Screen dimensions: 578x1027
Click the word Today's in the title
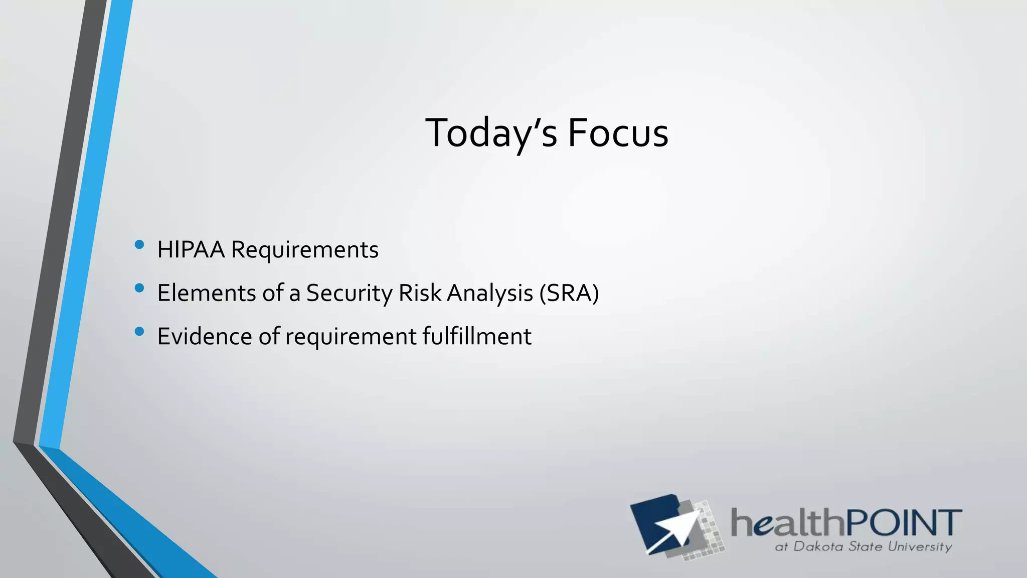[490, 133]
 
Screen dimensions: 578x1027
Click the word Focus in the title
[618, 133]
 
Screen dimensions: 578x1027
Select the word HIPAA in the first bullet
[191, 250]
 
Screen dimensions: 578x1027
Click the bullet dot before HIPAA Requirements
[139, 245]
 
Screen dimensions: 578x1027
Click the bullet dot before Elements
[139, 288]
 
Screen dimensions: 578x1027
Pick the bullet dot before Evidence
[139, 331]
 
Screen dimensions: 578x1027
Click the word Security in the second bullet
[349, 294]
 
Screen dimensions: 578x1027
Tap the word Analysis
[489, 294]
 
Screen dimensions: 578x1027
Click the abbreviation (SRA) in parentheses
[569, 294]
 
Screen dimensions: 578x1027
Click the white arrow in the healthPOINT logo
[674, 532]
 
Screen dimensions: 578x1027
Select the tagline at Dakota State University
[863, 546]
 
